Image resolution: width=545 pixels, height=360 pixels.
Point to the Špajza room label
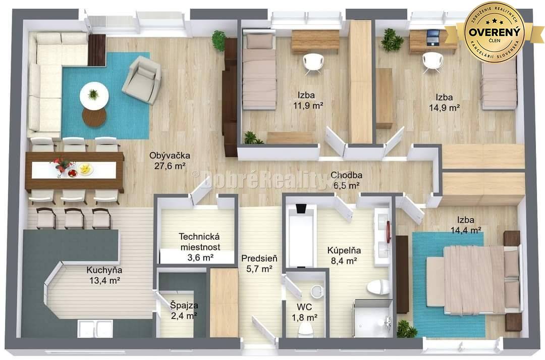184,305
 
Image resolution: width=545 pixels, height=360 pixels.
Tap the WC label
304,307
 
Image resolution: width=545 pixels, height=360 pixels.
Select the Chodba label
346,176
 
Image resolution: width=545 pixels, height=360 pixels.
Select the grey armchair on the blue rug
142,79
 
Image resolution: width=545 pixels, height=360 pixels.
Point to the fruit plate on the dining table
85,169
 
